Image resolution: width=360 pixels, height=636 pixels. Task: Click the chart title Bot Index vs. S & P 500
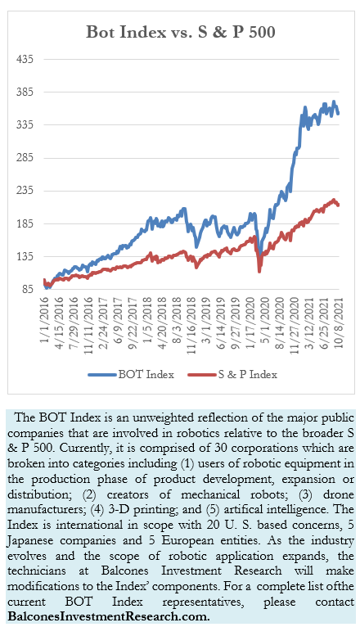click(181, 32)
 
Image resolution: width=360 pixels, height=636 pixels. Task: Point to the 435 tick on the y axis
click(25, 59)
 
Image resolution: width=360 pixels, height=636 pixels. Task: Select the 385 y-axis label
click(25, 92)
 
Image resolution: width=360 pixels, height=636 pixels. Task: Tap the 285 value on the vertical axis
click(25, 158)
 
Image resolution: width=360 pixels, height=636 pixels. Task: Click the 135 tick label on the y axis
click(25, 257)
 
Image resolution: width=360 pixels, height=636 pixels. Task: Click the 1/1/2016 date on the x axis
click(44, 318)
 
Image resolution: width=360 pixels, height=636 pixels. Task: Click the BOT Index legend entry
click(131, 374)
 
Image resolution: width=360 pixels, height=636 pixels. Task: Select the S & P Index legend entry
click(232, 374)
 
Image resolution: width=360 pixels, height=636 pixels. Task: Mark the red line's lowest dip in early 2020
click(259, 271)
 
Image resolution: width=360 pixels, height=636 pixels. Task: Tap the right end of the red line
click(338, 205)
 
